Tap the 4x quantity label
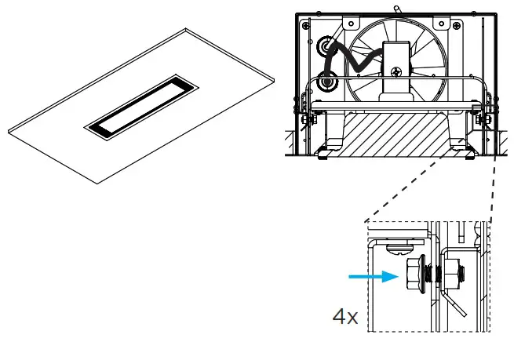point(345,318)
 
